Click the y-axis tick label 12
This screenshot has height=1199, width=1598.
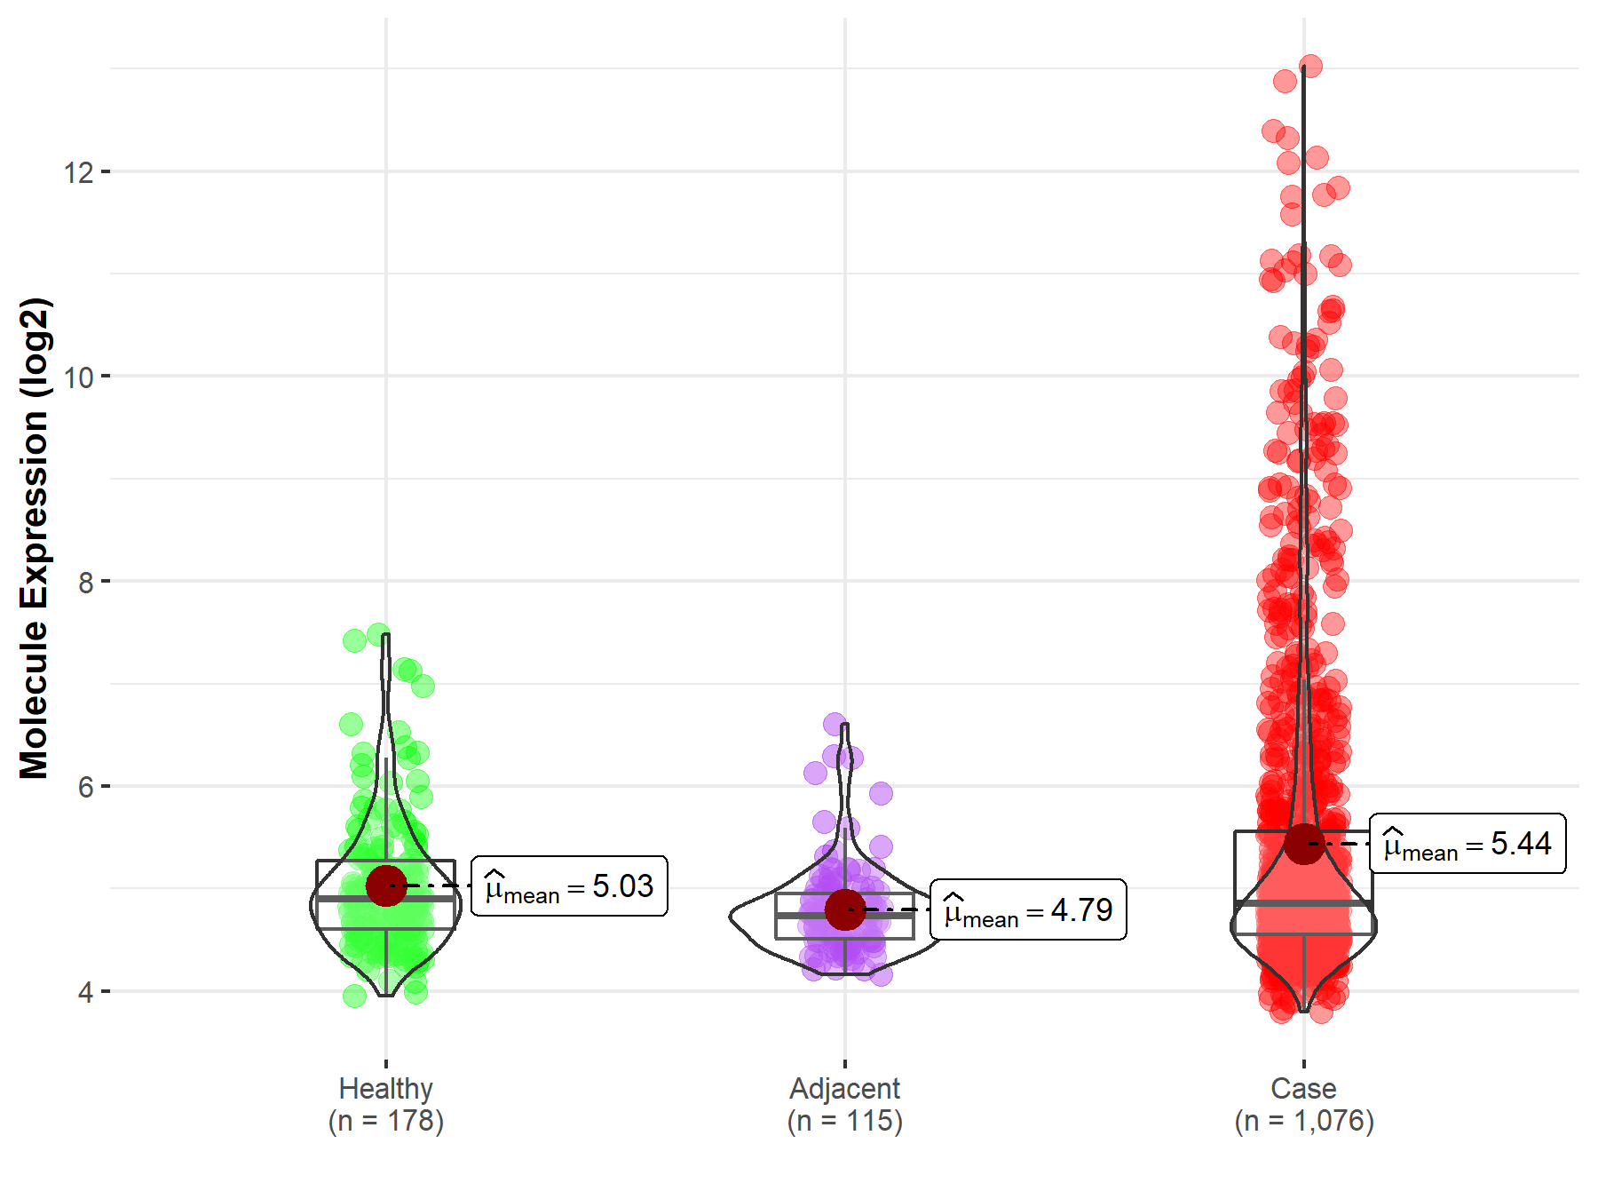click(78, 171)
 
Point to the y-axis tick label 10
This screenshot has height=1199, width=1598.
click(78, 377)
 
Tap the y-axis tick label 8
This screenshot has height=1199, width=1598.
click(85, 582)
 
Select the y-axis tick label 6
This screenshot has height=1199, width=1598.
click(85, 787)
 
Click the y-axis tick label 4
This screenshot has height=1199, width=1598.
click(85, 992)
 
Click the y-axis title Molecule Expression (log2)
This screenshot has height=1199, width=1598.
click(34, 538)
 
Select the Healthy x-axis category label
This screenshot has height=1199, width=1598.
click(386, 1088)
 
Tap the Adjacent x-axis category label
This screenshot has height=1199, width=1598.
click(844, 1088)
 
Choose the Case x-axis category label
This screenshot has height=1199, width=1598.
click(1303, 1088)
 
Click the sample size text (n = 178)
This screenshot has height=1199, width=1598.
click(386, 1121)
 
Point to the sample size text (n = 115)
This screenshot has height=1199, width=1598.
click(844, 1121)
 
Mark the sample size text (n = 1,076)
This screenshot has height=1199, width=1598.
click(1303, 1121)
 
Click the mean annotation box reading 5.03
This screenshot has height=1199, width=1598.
click(569, 886)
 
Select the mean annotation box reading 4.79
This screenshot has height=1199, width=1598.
click(1028, 910)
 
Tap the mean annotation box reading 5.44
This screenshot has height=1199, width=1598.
click(1467, 844)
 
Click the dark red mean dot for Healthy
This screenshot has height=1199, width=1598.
click(386, 885)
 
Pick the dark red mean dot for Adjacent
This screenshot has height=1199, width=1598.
click(844, 910)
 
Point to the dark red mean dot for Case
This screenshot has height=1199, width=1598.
click(1304, 843)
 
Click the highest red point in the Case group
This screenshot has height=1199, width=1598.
click(1310, 66)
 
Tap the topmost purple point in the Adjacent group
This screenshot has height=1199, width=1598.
click(835, 724)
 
